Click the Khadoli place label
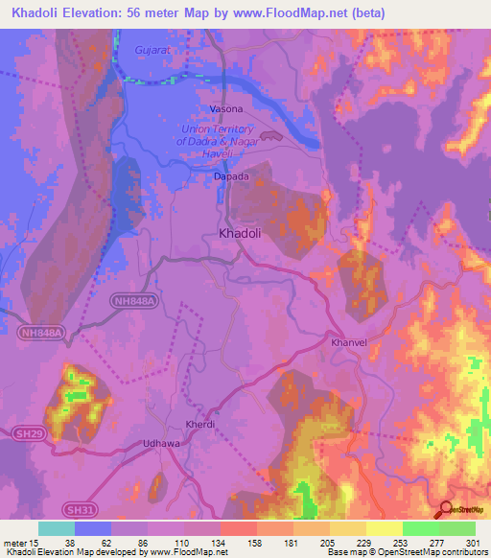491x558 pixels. [241, 232]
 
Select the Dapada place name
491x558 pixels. [231, 176]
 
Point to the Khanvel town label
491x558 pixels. [349, 341]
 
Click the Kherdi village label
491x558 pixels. [199, 424]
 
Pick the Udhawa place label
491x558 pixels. [160, 443]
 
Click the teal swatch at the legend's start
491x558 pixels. [57, 528]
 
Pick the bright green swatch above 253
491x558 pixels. [420, 528]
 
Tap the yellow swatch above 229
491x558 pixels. [347, 528]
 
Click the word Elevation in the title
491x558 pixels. [100, 12]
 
